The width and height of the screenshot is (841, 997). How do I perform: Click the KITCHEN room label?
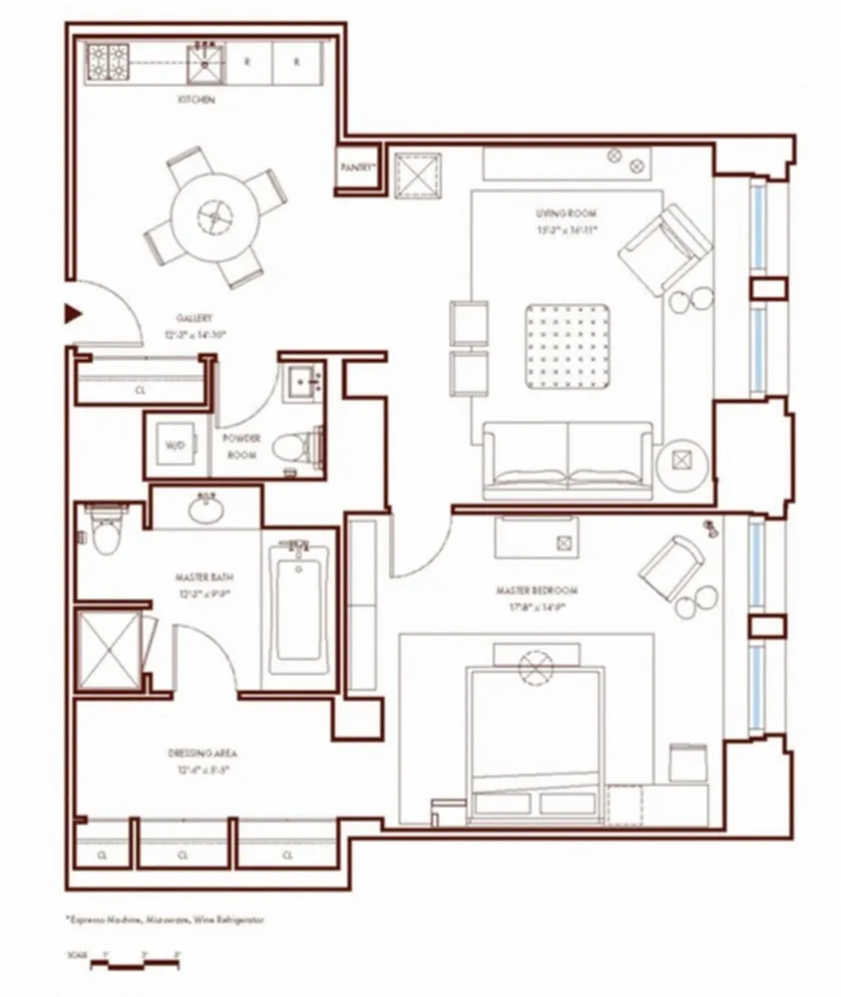(197, 101)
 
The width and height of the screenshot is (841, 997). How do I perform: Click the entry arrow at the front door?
(71, 314)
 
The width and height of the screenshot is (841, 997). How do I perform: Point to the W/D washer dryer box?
(174, 445)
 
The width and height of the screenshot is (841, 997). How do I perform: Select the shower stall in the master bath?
(108, 646)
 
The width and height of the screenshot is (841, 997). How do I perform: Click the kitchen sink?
(208, 62)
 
